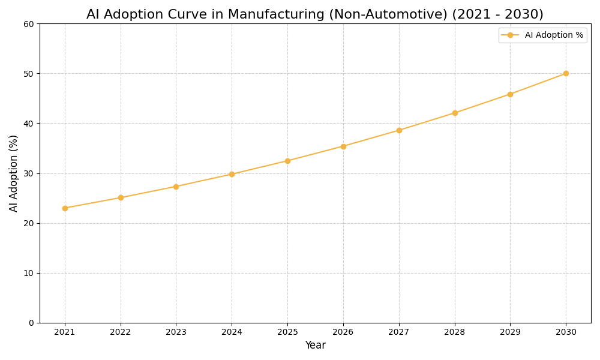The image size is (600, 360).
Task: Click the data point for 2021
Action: click(x=65, y=208)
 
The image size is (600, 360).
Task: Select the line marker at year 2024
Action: click(x=232, y=174)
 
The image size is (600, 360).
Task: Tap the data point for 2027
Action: click(x=399, y=130)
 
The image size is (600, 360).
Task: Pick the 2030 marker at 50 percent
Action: click(x=566, y=73)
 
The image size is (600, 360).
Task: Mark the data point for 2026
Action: click(x=343, y=146)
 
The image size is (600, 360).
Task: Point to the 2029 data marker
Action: click(x=510, y=94)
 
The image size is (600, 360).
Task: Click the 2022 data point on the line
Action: click(x=121, y=197)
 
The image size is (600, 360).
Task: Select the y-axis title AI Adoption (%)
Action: click(x=14, y=173)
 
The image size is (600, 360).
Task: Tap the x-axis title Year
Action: click(x=315, y=346)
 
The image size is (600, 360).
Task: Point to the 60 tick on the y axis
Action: click(x=29, y=24)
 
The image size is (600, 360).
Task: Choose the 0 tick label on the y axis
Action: click(x=31, y=323)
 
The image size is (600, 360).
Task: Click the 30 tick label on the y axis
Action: click(x=29, y=173)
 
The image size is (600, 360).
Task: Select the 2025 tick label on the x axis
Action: click(x=287, y=332)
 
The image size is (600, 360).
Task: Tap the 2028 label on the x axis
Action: click(x=454, y=332)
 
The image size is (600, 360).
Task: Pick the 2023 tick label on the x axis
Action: click(x=176, y=332)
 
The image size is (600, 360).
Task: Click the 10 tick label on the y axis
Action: click(x=29, y=273)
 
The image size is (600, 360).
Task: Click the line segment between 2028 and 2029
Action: click(x=482, y=104)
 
